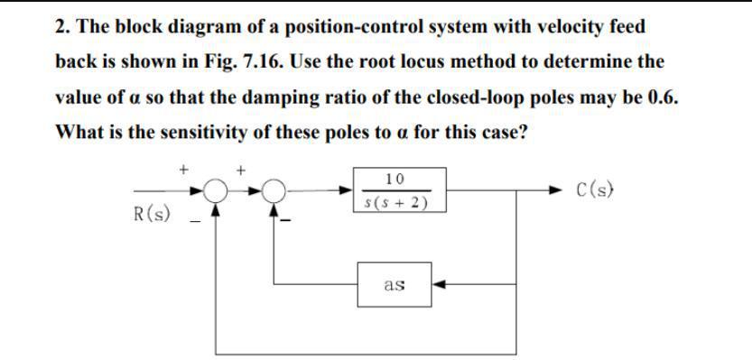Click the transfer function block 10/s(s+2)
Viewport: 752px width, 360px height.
click(393, 190)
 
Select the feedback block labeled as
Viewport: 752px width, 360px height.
click(394, 285)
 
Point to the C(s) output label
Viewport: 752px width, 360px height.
click(597, 190)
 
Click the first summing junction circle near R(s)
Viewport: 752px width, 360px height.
click(215, 190)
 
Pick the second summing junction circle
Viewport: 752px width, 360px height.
click(274, 190)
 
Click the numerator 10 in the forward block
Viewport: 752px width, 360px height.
click(393, 179)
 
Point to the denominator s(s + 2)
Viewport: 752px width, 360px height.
click(393, 202)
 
